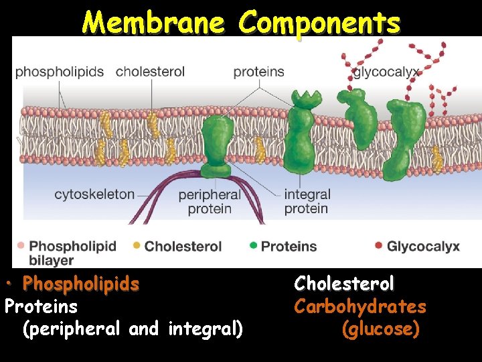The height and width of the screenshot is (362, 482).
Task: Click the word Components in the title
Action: coord(320,23)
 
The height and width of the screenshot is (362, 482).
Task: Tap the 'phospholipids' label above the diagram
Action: coord(60,72)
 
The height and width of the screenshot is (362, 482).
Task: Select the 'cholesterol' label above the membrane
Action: coord(150,72)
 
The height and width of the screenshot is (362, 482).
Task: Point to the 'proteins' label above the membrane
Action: coord(258,72)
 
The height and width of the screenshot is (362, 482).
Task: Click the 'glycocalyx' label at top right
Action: coord(386,72)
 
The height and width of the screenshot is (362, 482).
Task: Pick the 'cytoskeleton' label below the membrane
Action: coord(94,194)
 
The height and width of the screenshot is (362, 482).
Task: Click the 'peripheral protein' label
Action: coord(210,201)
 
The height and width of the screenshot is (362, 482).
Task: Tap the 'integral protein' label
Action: coord(307,201)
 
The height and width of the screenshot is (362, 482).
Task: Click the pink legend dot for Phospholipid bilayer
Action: coord(21,245)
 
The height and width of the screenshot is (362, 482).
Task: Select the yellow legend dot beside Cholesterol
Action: coord(137,245)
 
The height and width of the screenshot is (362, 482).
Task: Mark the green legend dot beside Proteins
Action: coord(253,245)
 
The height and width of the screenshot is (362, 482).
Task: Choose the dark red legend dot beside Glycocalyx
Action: coord(379,245)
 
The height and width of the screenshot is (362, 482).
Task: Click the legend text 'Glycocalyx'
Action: coord(423,246)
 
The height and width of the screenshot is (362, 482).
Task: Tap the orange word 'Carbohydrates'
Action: coord(360,307)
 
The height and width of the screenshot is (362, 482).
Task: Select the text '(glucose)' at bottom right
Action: coord(380,330)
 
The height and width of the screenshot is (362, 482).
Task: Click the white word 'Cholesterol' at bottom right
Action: coord(344,284)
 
